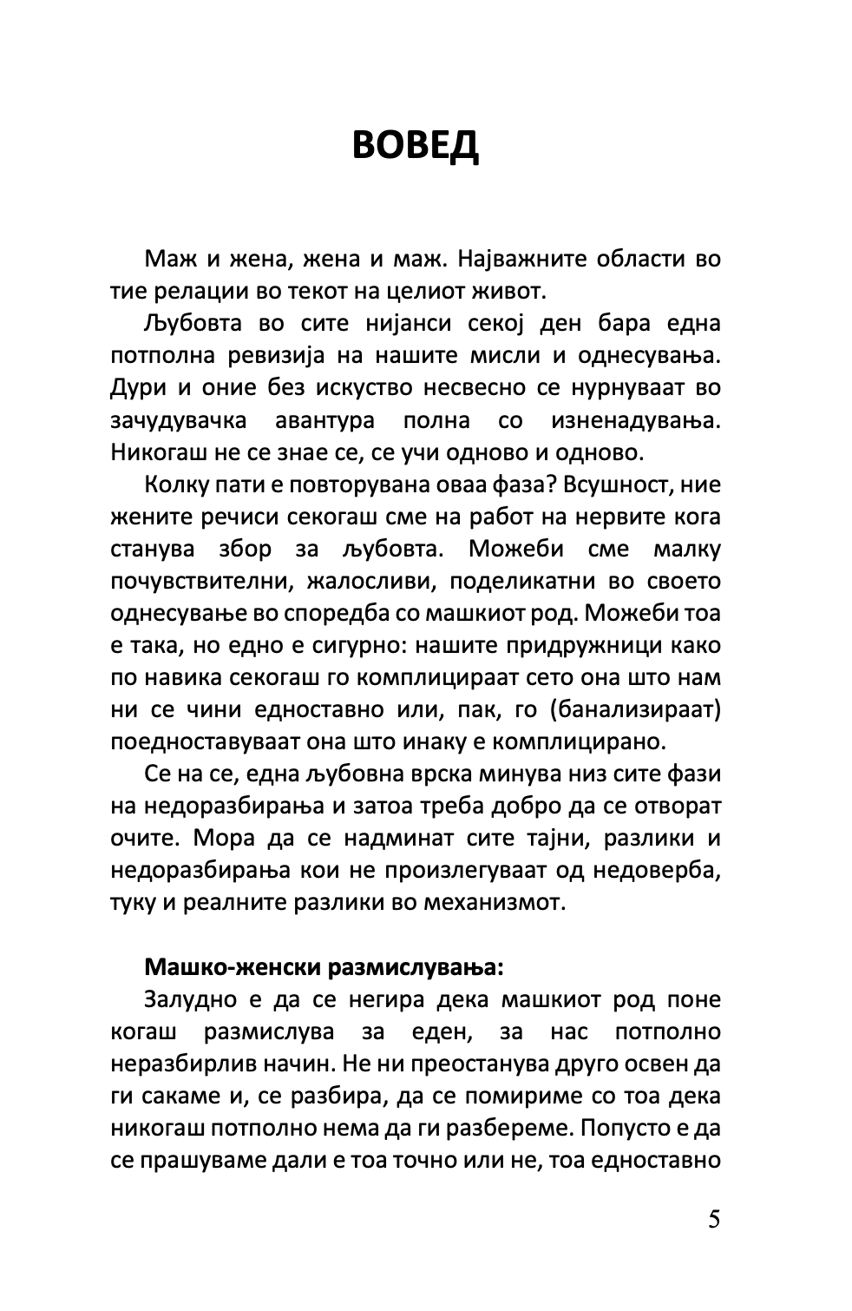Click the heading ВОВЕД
(x=416, y=145)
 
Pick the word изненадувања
(x=635, y=420)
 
